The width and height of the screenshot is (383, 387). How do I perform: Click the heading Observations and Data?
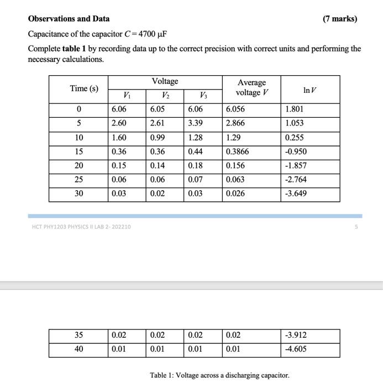click(69, 19)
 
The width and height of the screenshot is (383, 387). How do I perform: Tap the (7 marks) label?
click(340, 19)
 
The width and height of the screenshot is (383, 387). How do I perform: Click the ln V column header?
click(309, 89)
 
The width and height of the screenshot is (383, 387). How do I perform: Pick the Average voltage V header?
click(251, 87)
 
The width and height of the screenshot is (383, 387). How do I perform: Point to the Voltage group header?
click(165, 81)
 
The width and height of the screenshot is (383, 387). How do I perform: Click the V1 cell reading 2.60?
click(118, 123)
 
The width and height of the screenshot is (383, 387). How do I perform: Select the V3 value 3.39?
click(195, 123)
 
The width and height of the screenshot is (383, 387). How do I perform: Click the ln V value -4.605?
click(295, 349)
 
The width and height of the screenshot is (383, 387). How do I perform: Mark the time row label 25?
click(79, 179)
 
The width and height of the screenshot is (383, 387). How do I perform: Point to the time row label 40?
click(79, 349)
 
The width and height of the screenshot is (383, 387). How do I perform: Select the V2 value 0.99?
click(157, 138)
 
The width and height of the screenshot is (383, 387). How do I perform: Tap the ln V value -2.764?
click(296, 179)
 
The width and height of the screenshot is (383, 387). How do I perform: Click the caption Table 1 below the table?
click(219, 375)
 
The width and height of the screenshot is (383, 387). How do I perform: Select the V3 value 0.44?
click(195, 151)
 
